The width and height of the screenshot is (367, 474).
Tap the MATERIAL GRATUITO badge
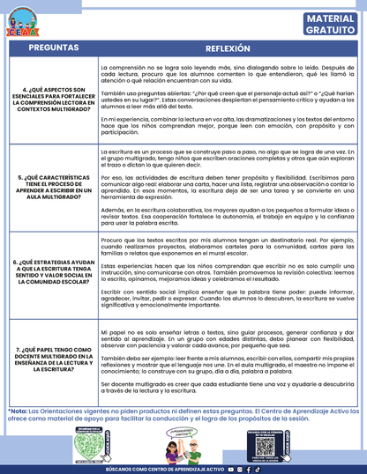coord(332,25)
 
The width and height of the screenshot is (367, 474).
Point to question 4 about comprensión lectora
coord(49,102)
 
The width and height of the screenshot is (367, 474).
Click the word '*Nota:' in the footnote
coord(17,411)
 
